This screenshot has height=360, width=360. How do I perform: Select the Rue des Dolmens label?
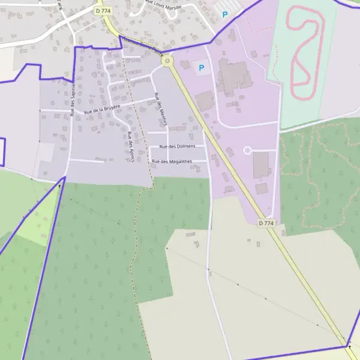pyautogui.click(x=181, y=146)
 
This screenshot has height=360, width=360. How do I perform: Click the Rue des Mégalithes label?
pyautogui.click(x=172, y=161)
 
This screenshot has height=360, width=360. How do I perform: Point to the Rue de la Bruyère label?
pyautogui.click(x=102, y=109)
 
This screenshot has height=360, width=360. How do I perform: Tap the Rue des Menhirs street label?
pyautogui.click(x=160, y=111)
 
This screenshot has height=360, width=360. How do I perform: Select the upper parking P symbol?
pyautogui.click(x=225, y=14)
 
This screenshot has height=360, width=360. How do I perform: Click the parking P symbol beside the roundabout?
pyautogui.click(x=201, y=68)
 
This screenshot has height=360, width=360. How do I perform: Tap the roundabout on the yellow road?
pyautogui.click(x=167, y=60)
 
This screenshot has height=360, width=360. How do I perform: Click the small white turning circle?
pyautogui.click(x=247, y=150)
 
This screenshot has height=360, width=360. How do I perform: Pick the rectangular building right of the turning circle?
pyautogui.click(x=261, y=164)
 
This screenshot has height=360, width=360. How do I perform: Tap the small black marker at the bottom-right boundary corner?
pyautogui.click(x=348, y=346)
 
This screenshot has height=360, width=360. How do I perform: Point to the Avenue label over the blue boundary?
pyautogui.click(x=143, y=46)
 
